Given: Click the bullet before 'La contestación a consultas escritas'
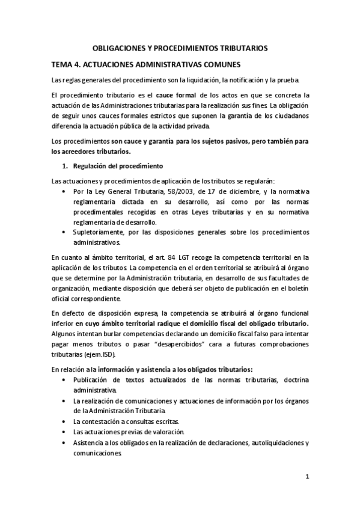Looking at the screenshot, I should tap(64, 422).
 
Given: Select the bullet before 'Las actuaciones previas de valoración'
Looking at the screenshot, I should tap(64, 432).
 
